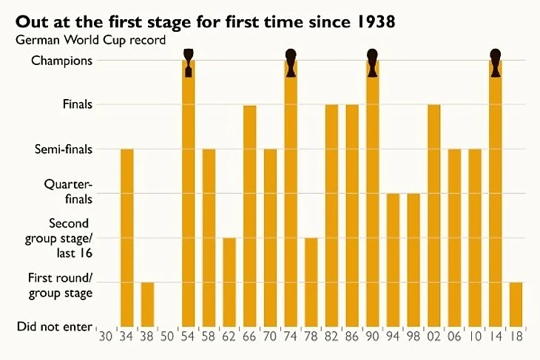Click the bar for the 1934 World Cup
127,237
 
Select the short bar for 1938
147,304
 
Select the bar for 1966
250,214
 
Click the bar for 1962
229,281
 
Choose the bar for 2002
434,214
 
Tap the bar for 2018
516,304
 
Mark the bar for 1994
393,259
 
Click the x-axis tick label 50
168,335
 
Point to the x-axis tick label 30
107,335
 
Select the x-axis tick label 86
352,335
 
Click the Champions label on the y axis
62,61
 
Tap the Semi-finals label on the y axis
64,149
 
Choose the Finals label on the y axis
78,105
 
